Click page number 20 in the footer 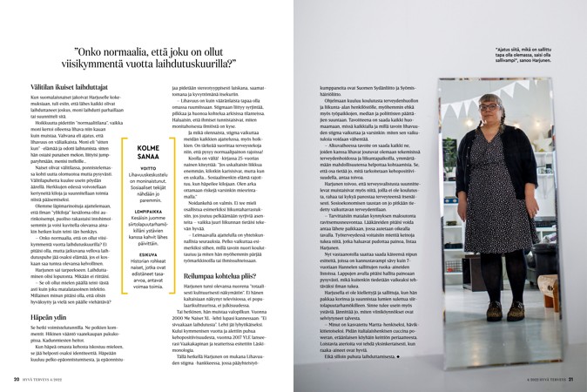17,380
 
